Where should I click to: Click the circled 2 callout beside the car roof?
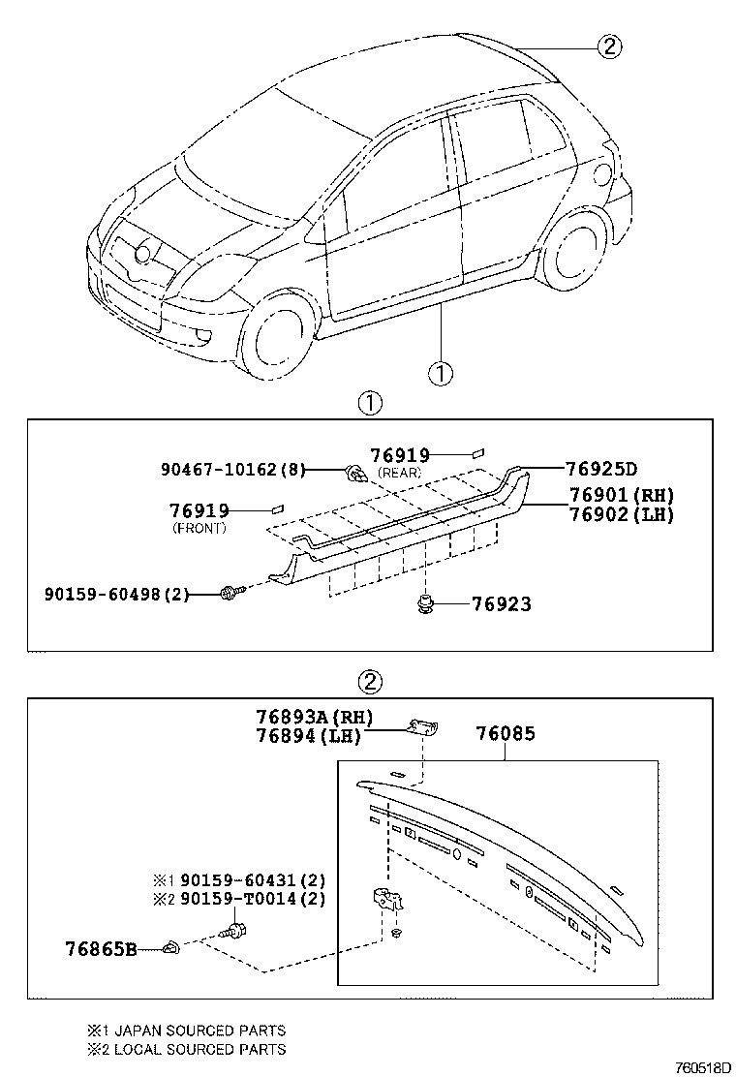(608, 46)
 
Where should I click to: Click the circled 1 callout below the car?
(440, 372)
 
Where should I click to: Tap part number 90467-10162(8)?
(232, 471)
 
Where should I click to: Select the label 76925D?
(601, 470)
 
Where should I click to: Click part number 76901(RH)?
(621, 495)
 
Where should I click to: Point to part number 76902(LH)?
(621, 514)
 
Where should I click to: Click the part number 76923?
(502, 604)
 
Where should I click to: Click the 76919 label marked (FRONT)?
(199, 510)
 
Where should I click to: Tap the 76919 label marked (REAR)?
(400, 455)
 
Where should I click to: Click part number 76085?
(505, 734)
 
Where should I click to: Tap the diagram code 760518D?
(695, 1066)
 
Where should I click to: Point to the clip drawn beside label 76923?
(425, 604)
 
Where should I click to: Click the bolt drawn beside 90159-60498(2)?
(231, 592)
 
